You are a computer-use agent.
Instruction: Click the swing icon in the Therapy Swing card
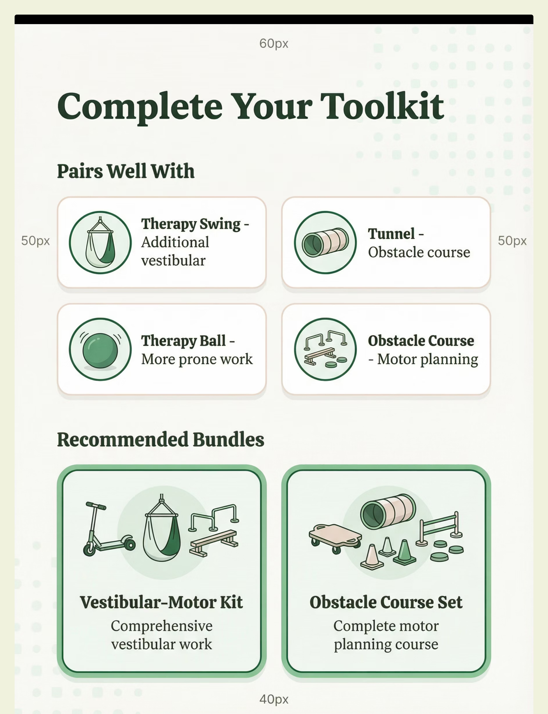click(100, 243)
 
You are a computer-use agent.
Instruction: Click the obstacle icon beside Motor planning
click(325, 349)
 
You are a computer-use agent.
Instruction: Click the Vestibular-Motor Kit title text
click(161, 602)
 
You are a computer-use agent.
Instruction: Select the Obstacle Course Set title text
click(386, 602)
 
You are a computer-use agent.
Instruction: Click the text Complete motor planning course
click(386, 635)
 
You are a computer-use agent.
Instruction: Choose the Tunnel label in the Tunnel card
click(391, 234)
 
